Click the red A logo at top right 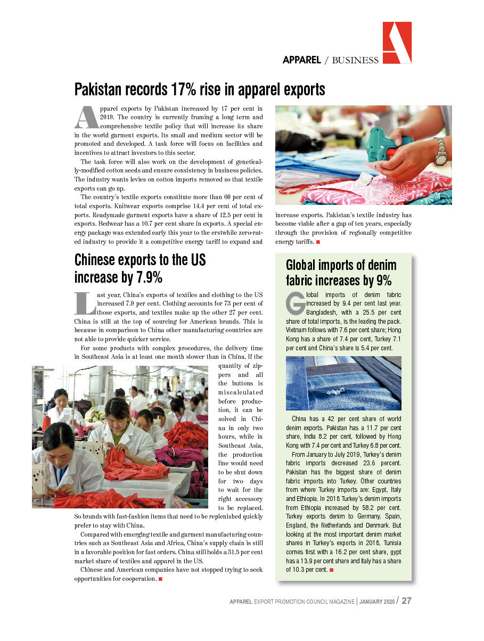(397, 43)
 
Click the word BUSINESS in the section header (355, 60)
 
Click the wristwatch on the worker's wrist (440, 152)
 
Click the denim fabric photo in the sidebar (343, 383)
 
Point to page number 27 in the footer (406, 601)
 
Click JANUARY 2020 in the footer (377, 601)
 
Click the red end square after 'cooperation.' (160, 579)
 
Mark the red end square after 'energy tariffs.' (318, 242)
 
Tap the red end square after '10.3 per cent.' (332, 570)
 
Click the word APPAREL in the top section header (301, 60)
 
